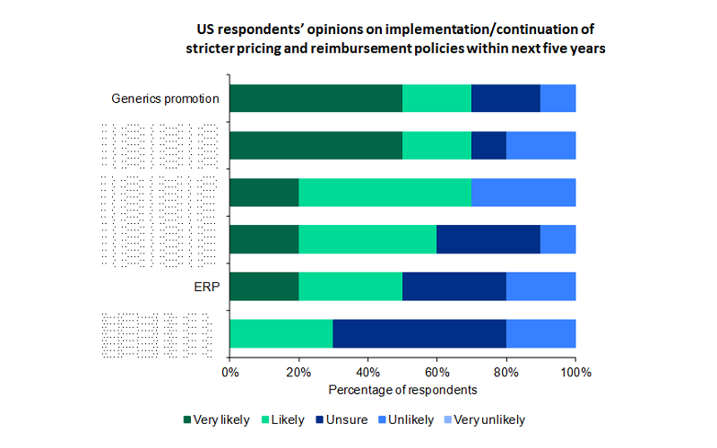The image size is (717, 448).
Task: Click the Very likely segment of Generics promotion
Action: point(315,99)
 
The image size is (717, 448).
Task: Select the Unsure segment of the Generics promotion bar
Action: point(505,99)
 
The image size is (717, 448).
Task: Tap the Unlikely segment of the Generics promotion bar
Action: point(557,99)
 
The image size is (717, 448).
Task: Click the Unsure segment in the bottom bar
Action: point(419,333)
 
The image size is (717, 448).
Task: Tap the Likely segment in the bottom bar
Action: point(281,333)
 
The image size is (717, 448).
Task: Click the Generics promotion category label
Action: point(165,99)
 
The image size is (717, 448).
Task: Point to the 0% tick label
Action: point(230,372)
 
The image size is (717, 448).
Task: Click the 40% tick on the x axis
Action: point(368,372)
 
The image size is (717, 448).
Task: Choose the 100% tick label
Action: point(575,372)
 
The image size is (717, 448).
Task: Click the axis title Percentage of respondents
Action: point(402,390)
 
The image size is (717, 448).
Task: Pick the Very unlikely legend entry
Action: point(488,419)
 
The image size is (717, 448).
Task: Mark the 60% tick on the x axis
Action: point(437,372)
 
